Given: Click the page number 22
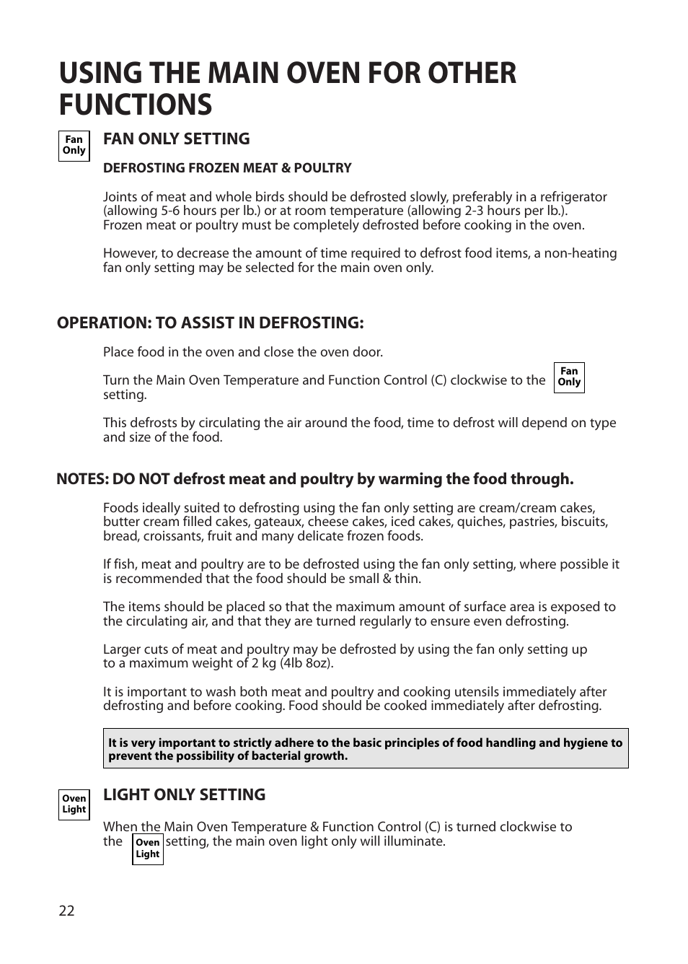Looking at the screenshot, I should (x=66, y=911).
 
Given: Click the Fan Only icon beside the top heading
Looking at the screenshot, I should (x=74, y=146).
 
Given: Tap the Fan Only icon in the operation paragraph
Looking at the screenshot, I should (x=569, y=377).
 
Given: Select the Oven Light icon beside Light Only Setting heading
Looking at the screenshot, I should (x=74, y=804).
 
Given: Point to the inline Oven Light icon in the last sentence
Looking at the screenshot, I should (x=148, y=849).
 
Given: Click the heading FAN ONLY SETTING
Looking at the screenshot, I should (x=176, y=139).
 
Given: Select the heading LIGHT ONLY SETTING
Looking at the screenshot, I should (x=184, y=794).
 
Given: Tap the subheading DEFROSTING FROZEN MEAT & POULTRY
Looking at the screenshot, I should (x=227, y=168).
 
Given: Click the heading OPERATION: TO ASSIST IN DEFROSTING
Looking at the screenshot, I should (x=210, y=323).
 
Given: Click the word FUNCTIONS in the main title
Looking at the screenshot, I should (x=136, y=105).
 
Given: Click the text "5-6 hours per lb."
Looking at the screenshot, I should (x=190, y=211).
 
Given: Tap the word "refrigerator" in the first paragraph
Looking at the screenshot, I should (x=570, y=197).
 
